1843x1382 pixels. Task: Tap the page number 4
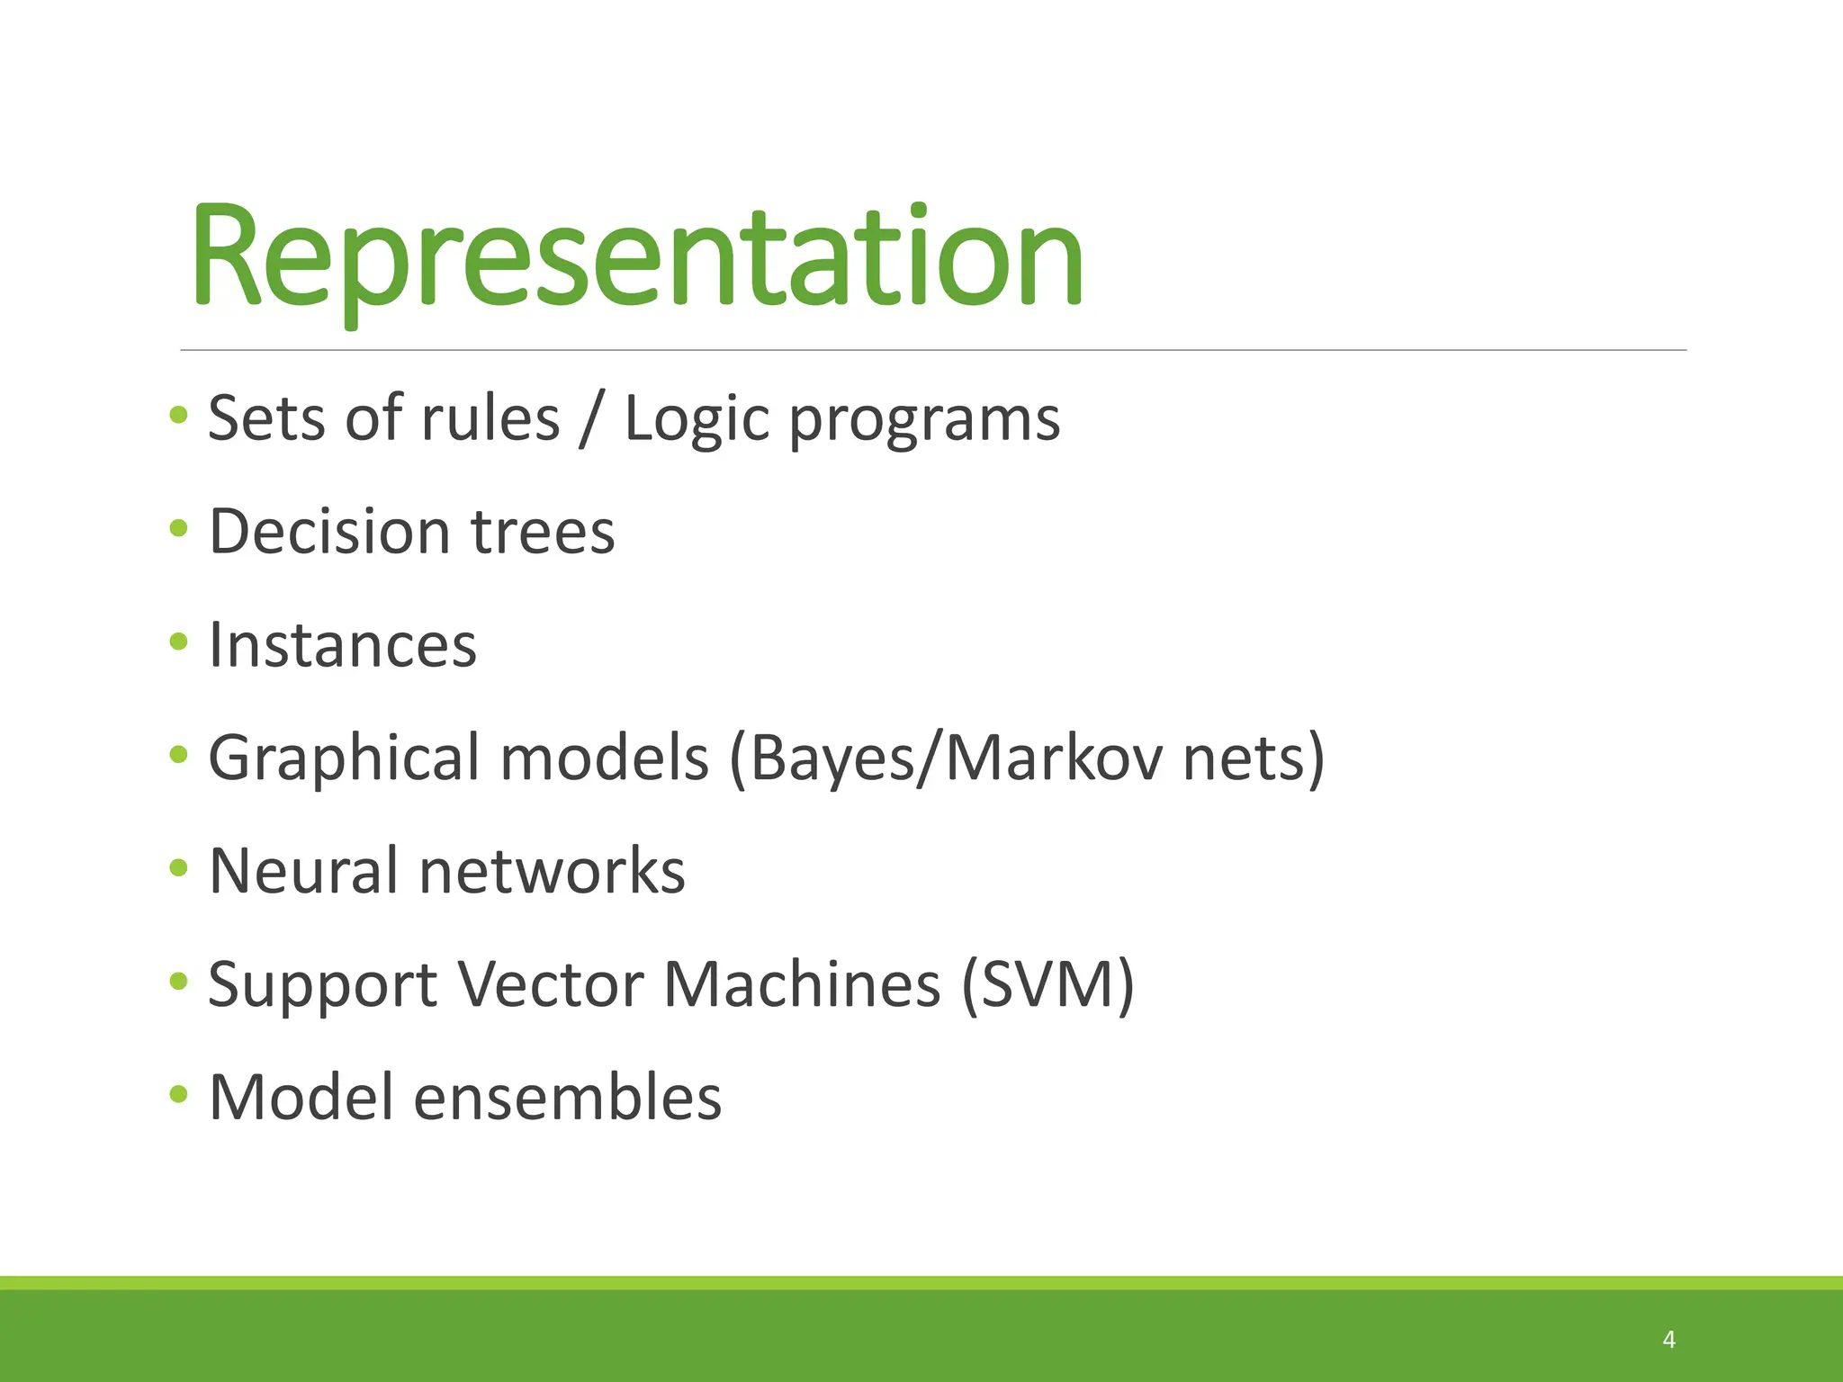click(1668, 1340)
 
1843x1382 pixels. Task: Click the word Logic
click(697, 420)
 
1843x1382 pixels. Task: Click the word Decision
click(328, 532)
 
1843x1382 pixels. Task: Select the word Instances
click(342, 645)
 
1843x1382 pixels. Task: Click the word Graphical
click(344, 758)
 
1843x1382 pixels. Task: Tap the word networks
click(552, 871)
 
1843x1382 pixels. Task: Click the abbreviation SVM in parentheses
click(1047, 984)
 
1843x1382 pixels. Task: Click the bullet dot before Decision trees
click(178, 528)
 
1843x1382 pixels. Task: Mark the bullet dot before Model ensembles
click(178, 1094)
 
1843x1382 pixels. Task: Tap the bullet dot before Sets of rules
click(178, 415)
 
